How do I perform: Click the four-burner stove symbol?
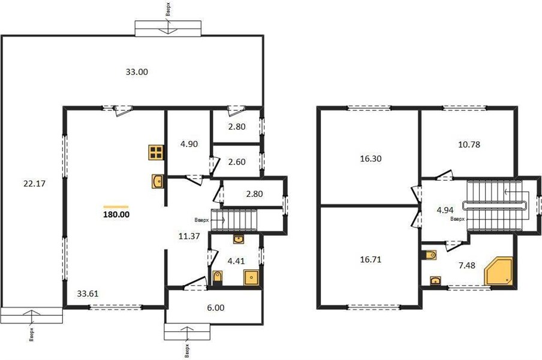pyautogui.click(x=156, y=152)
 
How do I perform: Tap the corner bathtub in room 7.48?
pyautogui.click(x=499, y=271)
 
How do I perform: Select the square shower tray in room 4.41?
pyautogui.click(x=251, y=277)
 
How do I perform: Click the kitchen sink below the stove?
pyautogui.click(x=157, y=181)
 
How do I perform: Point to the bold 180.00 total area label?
pyautogui.click(x=116, y=214)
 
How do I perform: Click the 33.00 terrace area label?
pyautogui.click(x=137, y=72)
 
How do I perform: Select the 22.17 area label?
pyautogui.click(x=35, y=184)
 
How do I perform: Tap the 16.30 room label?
pyautogui.click(x=371, y=159)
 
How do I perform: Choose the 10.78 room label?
pyautogui.click(x=469, y=144)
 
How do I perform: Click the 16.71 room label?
pyautogui.click(x=371, y=259)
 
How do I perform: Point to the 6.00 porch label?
pyautogui.click(x=216, y=307)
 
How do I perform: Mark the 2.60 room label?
pyautogui.click(x=237, y=162)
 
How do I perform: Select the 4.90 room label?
pyautogui.click(x=189, y=144)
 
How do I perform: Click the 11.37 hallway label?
pyautogui.click(x=189, y=236)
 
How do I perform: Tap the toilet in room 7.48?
pyautogui.click(x=429, y=255)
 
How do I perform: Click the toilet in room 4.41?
pyautogui.click(x=218, y=277)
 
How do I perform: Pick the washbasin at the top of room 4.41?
pyautogui.click(x=239, y=239)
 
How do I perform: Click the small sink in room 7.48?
pyautogui.click(x=435, y=280)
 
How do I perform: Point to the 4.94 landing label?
pyautogui.click(x=445, y=210)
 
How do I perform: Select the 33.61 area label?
pyautogui.click(x=88, y=293)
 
